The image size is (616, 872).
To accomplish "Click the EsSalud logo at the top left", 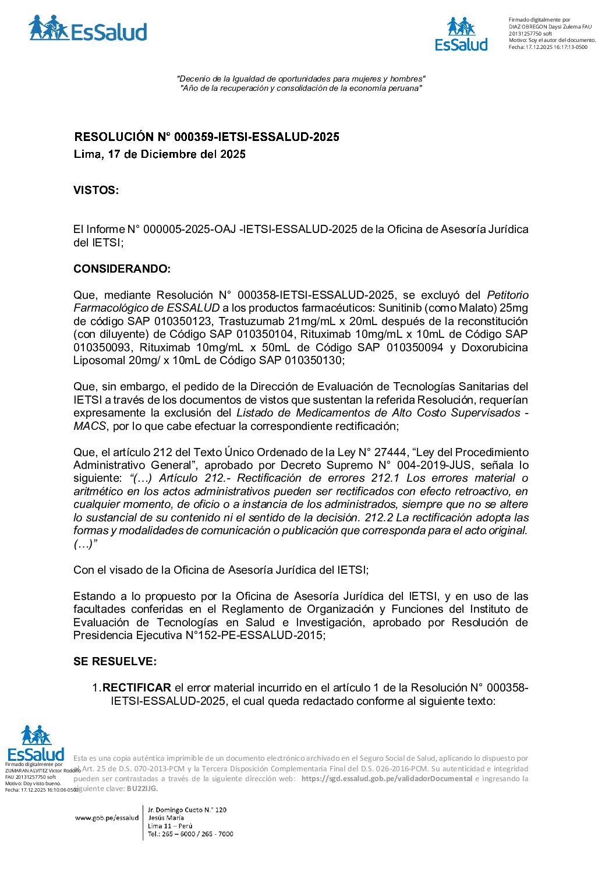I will click(87, 29).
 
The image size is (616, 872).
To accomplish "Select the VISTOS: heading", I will click(96, 190).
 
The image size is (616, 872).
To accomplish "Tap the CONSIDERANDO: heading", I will click(122, 269).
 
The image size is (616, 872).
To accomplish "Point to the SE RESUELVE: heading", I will click(115, 662).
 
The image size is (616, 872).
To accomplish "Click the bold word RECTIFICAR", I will click(137, 688).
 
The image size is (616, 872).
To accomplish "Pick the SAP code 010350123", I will click(178, 322).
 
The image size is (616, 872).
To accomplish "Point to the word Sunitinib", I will click(401, 308).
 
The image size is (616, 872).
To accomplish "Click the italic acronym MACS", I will click(90, 426).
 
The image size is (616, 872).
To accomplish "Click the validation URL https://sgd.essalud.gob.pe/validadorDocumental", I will click(387, 779).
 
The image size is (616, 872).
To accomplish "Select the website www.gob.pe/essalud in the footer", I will click(107, 818).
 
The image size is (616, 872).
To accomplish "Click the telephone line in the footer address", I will click(190, 834).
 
